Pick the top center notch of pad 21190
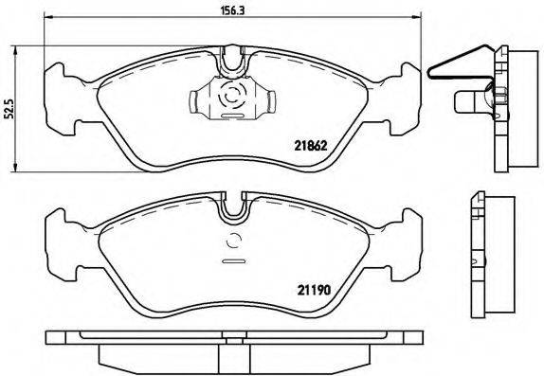232,203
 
